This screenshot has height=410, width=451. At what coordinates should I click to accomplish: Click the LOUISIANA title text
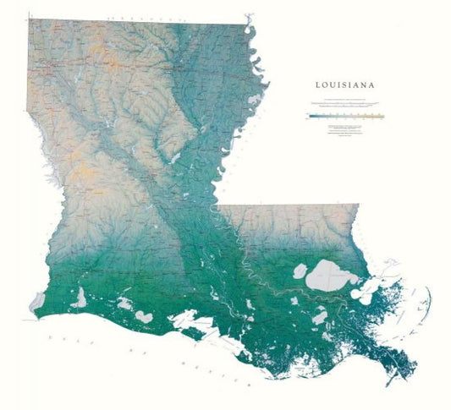346,85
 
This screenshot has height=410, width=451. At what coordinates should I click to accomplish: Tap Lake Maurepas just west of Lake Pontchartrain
297,272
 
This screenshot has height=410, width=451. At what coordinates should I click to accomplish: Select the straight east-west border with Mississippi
288,205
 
